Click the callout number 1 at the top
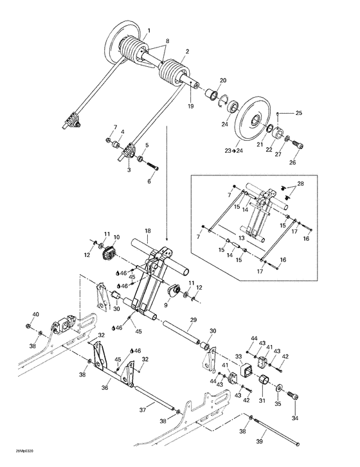pyautogui.click(x=149, y=31)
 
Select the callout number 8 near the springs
pyautogui.click(x=167, y=41)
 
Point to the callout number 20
pyautogui.click(x=223, y=80)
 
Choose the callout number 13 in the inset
pyautogui.click(x=241, y=237)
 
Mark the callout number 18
pyautogui.click(x=147, y=231)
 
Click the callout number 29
pyautogui.click(x=192, y=319)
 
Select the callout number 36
pyautogui.click(x=105, y=387)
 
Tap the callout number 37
pyautogui.click(x=142, y=409)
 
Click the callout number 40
pyautogui.click(x=35, y=314)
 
